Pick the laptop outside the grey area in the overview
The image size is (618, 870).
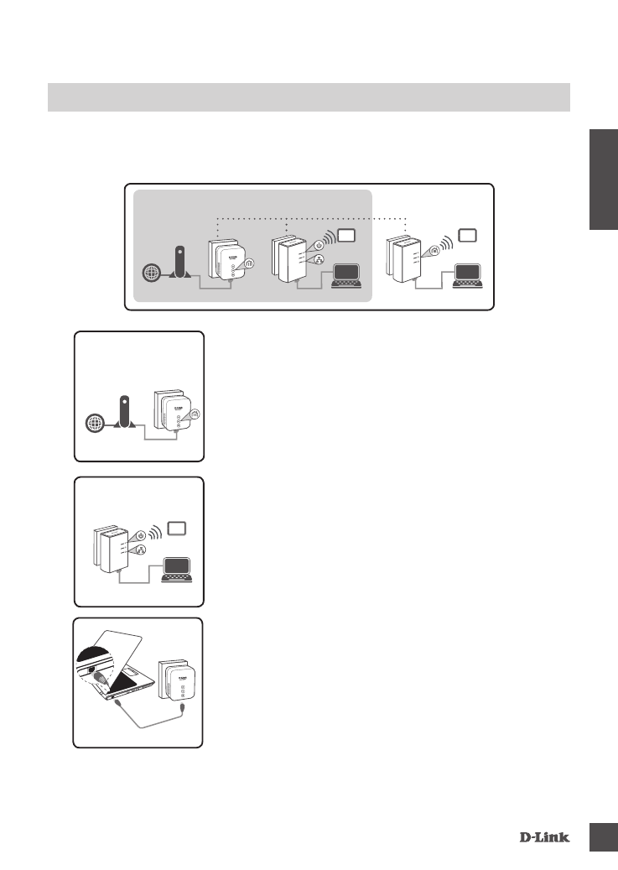pos(467,277)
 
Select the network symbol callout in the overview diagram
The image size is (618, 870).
pos(319,261)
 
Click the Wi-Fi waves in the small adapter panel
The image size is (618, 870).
pos(157,533)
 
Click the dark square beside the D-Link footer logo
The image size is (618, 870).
pos(600,836)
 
